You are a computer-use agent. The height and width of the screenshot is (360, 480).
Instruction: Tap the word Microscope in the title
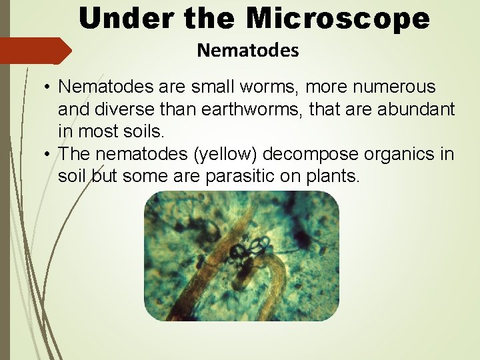click(338, 18)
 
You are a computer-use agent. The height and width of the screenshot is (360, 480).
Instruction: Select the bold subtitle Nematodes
click(248, 50)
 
